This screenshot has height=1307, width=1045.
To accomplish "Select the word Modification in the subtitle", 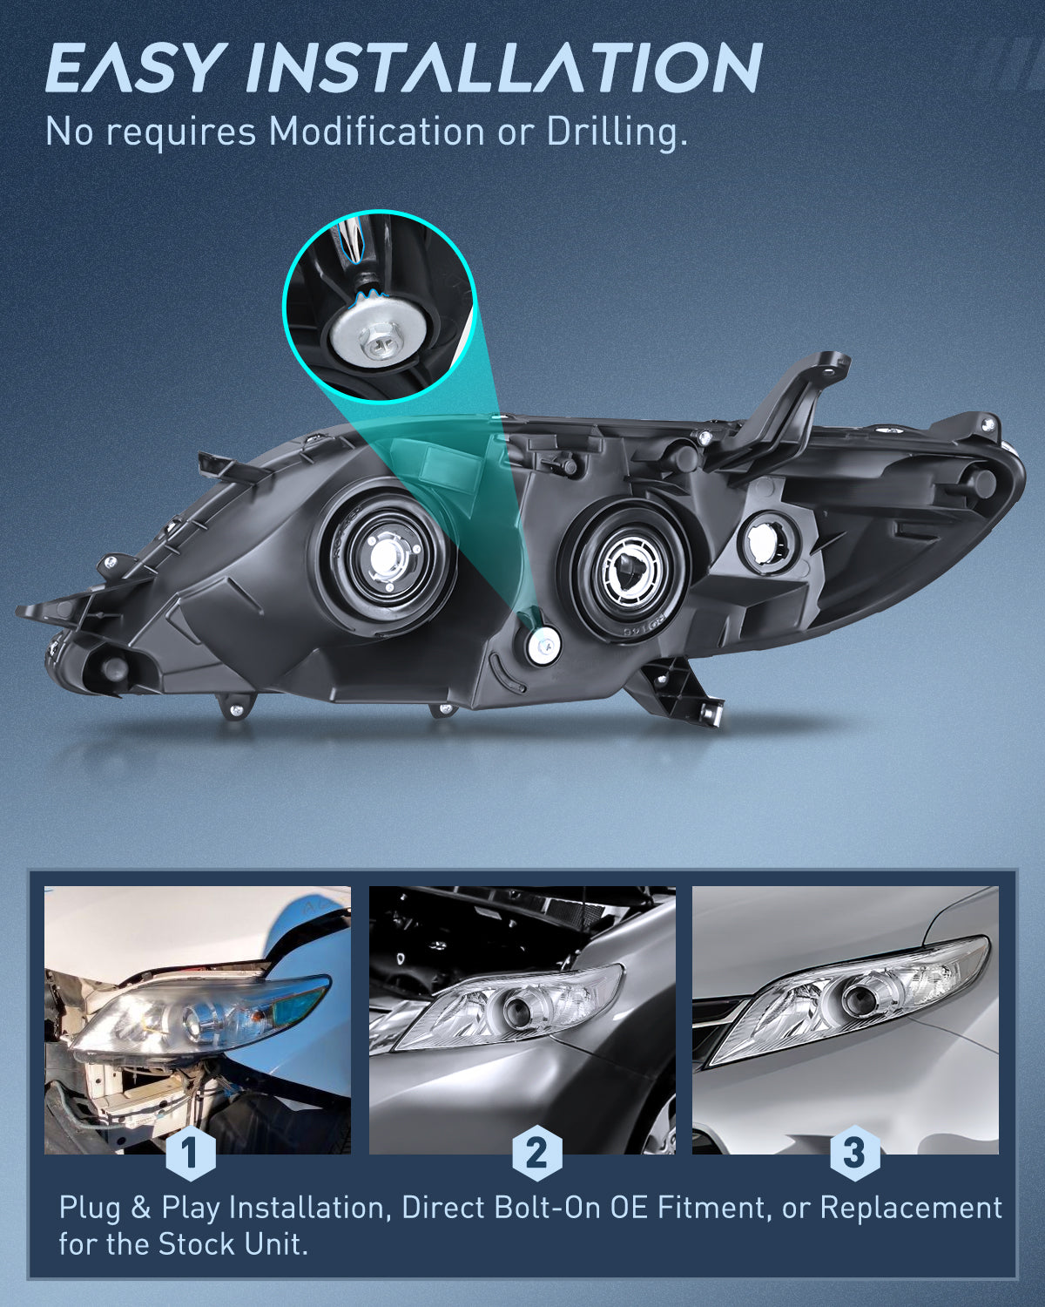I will point(376,132).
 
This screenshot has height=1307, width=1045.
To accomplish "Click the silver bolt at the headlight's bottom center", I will point(544,646).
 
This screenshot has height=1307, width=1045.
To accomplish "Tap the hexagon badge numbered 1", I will point(190,1154).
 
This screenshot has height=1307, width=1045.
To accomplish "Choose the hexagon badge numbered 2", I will point(536,1154).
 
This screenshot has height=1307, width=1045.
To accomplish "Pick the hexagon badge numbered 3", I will point(853,1154).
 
